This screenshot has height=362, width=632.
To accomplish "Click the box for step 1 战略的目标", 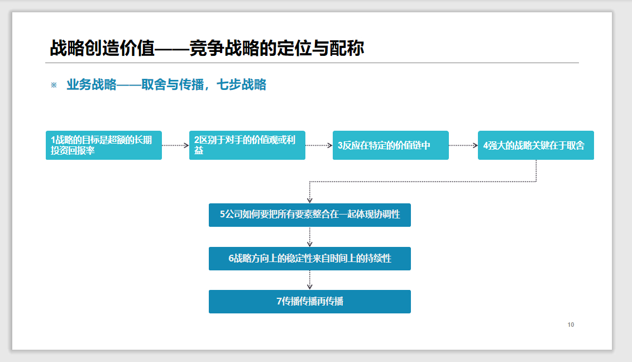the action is point(104,145).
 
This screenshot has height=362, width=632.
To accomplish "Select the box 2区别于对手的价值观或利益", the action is point(247,145).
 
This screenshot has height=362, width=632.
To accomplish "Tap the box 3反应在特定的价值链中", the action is point(391,145).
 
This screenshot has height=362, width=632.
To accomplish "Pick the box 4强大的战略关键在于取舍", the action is point(535,145).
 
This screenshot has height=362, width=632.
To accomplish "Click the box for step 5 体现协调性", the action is point(309,215).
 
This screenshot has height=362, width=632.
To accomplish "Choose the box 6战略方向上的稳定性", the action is point(309,259).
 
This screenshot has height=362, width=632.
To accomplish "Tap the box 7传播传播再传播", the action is point(309,302).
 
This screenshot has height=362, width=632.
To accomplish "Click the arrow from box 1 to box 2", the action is point(175,145).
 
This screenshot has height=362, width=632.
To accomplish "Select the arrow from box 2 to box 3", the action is point(319,145).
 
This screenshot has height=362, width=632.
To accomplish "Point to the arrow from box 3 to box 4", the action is point(463,145).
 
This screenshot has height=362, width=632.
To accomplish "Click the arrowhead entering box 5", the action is point(309,201).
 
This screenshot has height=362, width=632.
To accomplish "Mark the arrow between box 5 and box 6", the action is point(309,237).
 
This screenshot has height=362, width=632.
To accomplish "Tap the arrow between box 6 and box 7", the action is point(309,280).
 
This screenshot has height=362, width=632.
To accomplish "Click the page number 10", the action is point(571,325).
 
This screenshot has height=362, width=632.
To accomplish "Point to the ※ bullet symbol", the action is point(54,85).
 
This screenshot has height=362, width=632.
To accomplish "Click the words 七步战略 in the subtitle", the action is point(241,85).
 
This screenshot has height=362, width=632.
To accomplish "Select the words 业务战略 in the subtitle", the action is point(92,85).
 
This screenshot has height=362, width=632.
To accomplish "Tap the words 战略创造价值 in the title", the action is point(102,48).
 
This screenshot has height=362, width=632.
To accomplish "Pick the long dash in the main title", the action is point(172,49).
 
